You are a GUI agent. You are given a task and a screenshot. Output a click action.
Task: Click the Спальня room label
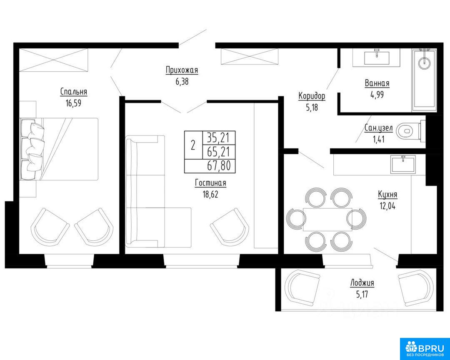[x=73, y=92]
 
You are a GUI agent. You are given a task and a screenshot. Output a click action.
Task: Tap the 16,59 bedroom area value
[x=73, y=103]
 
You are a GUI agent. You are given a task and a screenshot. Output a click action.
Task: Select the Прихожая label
[x=182, y=70]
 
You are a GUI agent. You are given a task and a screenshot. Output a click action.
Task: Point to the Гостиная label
[x=211, y=183]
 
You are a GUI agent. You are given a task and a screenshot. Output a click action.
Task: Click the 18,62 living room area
[x=211, y=194]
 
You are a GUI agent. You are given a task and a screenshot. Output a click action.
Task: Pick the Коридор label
[x=312, y=96]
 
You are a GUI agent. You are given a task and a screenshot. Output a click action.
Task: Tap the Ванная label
[x=377, y=83]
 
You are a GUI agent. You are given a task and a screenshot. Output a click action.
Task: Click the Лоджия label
[x=362, y=283]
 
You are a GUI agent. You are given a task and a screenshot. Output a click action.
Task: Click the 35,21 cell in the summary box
[x=219, y=138]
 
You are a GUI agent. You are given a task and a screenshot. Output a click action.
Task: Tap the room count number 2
[x=193, y=145]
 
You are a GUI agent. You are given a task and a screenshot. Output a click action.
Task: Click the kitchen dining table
[x=328, y=219]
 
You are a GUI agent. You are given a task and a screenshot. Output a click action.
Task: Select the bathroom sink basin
[x=377, y=57]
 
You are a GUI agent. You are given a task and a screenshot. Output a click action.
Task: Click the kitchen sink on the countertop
[x=403, y=164]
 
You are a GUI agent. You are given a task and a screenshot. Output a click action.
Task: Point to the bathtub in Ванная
[x=425, y=80]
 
